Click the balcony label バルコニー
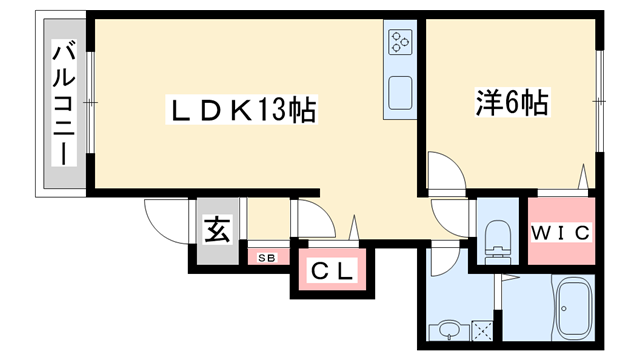coord(64,103)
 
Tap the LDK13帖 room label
coord(241,109)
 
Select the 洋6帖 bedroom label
coord(512,101)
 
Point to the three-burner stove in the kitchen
coord(400,43)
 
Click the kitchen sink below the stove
coord(400,91)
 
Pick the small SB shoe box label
coord(267,258)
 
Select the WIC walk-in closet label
coord(561,233)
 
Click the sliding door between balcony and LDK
coord(89,103)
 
